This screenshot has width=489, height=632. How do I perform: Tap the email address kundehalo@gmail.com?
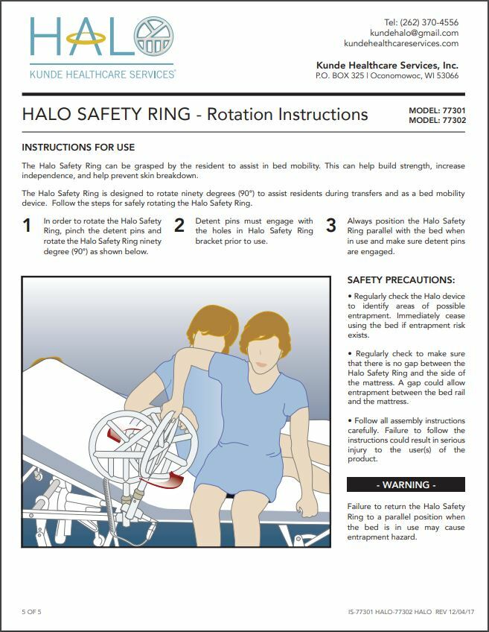[414, 33]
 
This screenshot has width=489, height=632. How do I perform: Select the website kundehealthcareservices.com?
[401, 43]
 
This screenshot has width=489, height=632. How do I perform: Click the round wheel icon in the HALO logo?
[154, 37]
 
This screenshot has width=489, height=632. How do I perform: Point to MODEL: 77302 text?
[436, 120]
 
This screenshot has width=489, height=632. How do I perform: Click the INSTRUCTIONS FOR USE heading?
[78, 148]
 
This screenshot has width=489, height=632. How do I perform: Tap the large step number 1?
[27, 226]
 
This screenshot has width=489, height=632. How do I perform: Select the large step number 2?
[179, 226]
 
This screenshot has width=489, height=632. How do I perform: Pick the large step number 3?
[331, 226]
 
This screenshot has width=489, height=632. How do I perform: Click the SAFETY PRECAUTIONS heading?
[400, 280]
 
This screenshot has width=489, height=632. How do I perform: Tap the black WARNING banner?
[406, 484]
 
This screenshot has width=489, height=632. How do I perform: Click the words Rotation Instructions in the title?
[287, 114]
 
